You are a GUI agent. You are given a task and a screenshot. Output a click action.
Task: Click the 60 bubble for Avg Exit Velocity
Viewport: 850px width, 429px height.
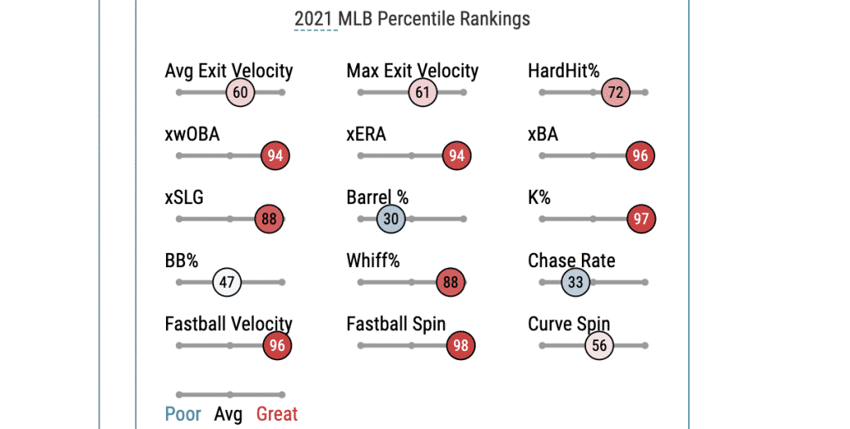pos(240,93)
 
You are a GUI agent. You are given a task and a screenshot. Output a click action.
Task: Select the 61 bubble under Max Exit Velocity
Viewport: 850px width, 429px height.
pos(423,93)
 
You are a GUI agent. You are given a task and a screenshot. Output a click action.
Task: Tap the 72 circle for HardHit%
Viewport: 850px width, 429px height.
pos(615,93)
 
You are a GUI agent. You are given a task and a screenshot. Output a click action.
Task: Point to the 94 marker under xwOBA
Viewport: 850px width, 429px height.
pos(276,156)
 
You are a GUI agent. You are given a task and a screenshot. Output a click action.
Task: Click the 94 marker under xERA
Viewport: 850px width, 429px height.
pos(457,156)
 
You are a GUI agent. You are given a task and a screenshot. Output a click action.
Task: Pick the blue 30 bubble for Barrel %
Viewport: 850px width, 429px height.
pos(391,219)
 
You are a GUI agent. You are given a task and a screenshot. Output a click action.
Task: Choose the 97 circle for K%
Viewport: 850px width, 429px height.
pos(642,219)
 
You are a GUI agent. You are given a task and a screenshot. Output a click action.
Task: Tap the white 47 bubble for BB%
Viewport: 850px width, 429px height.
pos(227,282)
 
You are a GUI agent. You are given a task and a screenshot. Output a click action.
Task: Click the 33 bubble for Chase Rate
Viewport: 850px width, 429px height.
pos(575,282)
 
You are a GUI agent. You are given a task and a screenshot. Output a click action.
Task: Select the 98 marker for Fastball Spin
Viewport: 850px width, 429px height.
pos(460,345)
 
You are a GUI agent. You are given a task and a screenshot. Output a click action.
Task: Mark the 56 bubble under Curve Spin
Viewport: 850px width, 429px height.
pos(598,345)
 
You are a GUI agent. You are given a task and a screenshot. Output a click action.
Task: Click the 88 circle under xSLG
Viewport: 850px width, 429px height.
pos(269,219)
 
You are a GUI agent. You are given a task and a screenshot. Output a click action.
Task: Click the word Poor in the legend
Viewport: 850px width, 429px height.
pos(183,413)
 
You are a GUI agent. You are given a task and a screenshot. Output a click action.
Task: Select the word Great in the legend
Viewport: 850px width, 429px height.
pos(276,413)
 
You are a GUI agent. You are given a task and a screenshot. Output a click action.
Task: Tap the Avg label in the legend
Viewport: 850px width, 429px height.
pos(228,413)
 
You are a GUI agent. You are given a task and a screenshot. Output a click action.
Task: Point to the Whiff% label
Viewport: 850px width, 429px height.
pos(373,261)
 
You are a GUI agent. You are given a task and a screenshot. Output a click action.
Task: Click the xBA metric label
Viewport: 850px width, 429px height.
pos(543,134)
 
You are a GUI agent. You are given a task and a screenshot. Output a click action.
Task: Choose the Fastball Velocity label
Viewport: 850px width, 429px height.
pos(228,324)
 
